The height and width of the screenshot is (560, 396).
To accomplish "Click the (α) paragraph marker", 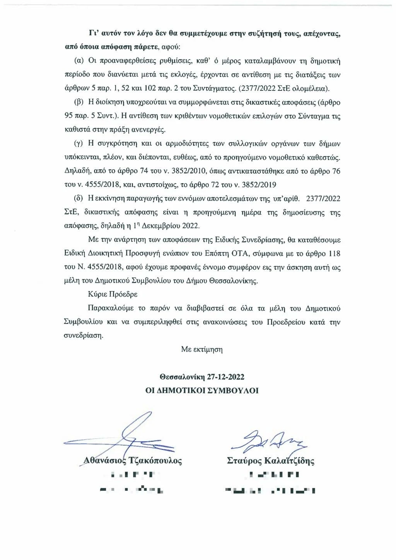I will tap(79, 61).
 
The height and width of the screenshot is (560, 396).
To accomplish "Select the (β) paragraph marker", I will tap(79, 102).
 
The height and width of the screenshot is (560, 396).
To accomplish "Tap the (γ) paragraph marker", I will tap(79, 144).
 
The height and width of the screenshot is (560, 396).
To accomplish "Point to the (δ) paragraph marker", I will tap(79, 199).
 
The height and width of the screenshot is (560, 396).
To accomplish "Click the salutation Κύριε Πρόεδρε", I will tap(113, 294).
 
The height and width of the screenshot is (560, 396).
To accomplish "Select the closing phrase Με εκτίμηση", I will tap(201, 349).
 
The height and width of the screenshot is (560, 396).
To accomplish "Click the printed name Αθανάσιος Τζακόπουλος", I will tap(133, 461).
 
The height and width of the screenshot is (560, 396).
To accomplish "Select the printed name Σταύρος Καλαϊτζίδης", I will tap(270, 461).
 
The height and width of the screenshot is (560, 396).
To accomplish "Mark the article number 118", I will tap(334, 254).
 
